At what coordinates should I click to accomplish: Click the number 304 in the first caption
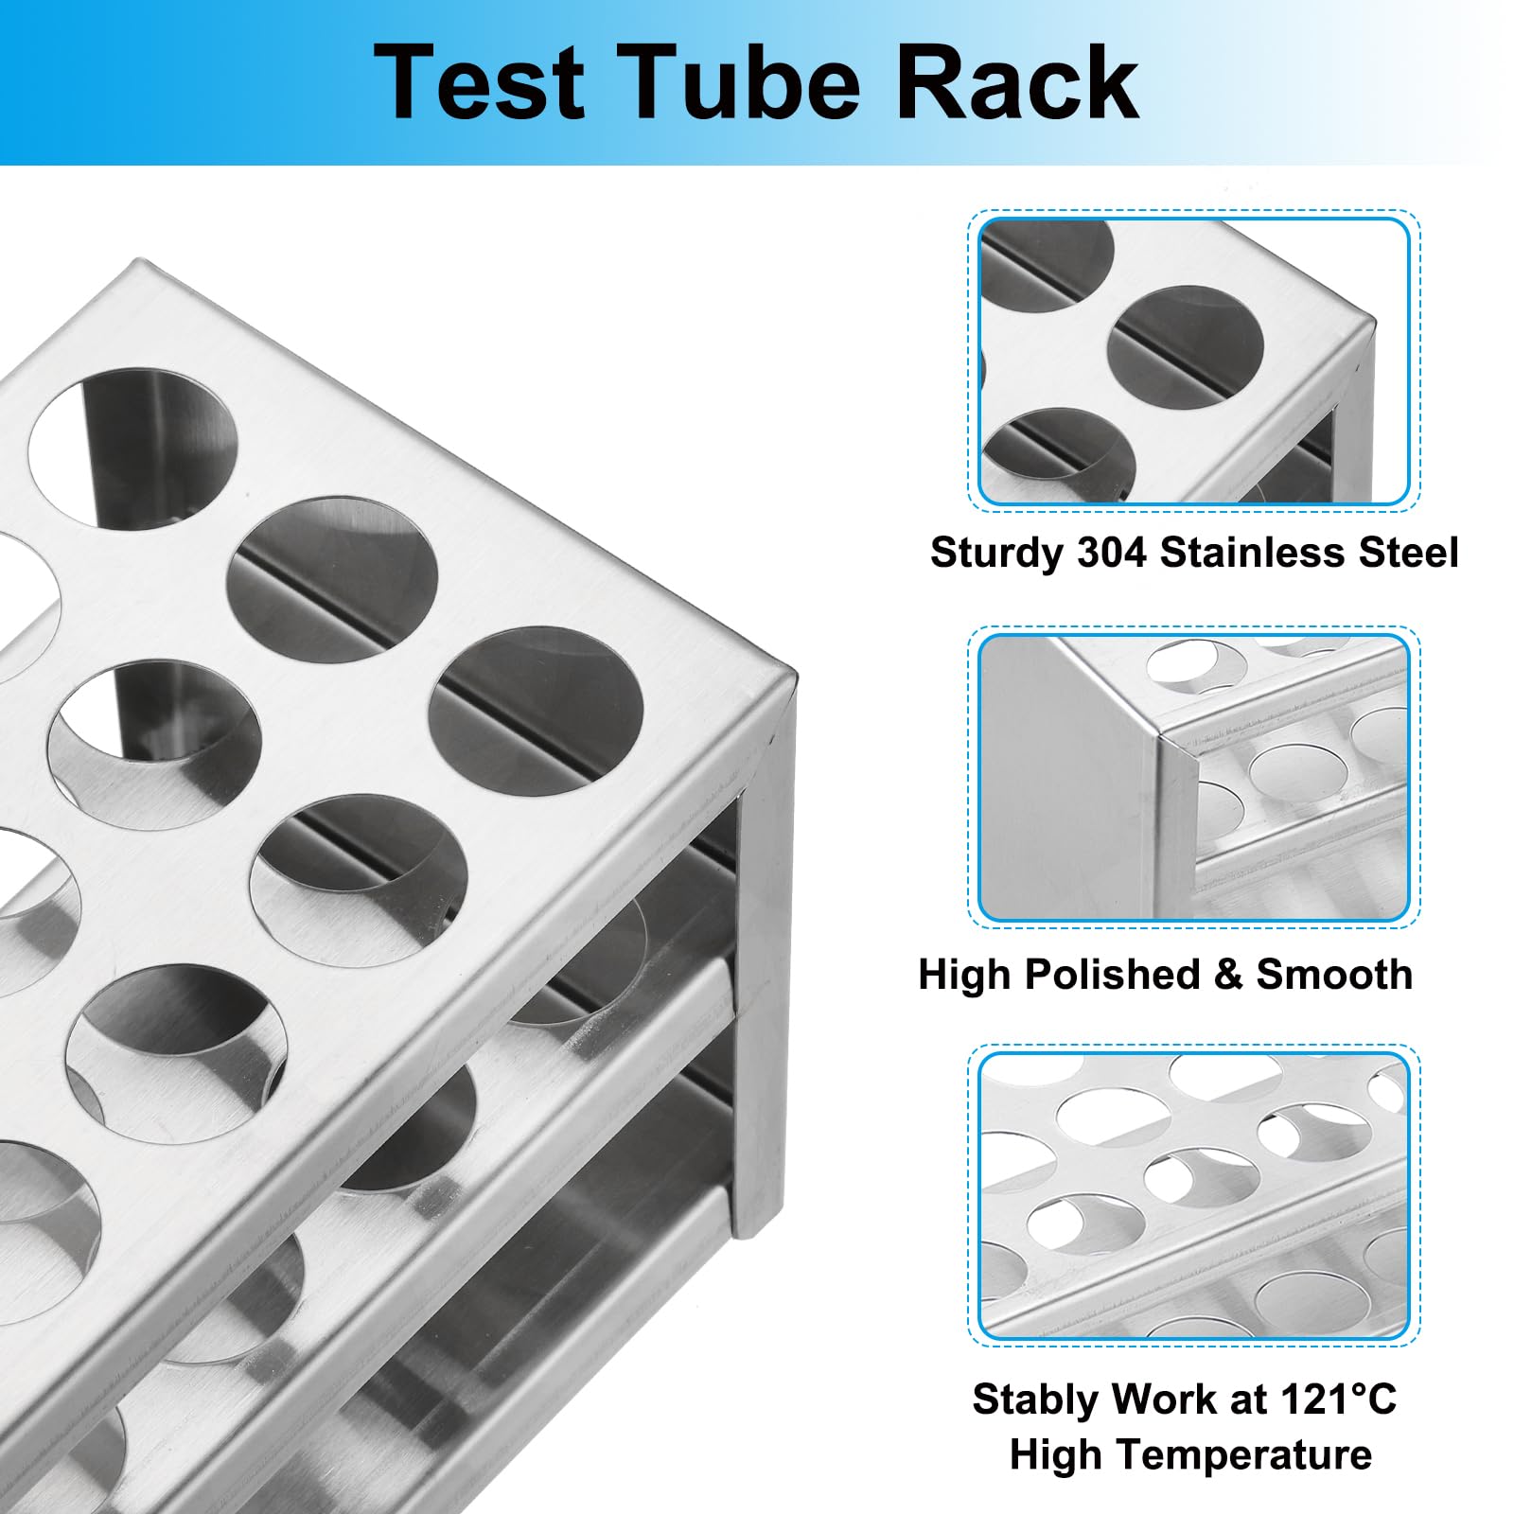pyautogui.click(x=1111, y=552)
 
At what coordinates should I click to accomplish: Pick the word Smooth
pyautogui.click(x=1334, y=974)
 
